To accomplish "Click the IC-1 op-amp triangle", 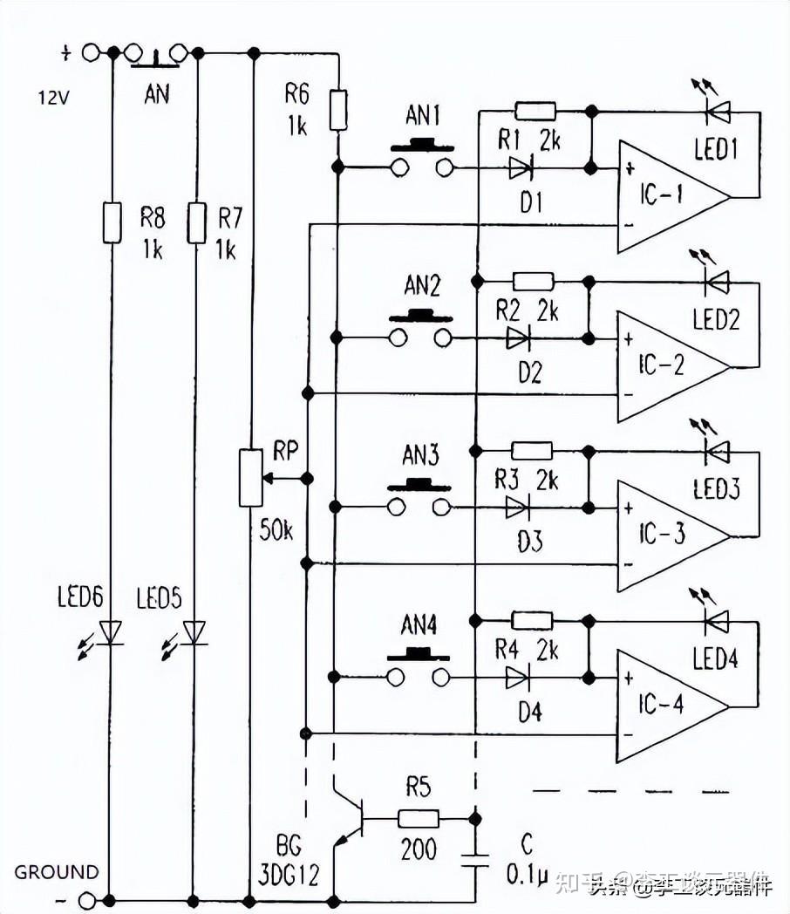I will coord(667,197).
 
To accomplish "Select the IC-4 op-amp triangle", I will coord(667,706).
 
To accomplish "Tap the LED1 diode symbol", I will coord(717,112).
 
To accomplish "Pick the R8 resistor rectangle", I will coord(112,222).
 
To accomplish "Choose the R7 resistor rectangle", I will coord(197,222).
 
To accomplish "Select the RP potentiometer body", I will coord(251,477).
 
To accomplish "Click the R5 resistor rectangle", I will coord(419,818).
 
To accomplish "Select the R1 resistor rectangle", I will coord(535,111).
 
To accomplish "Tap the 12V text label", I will coord(52,98).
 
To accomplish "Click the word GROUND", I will coord(57,871).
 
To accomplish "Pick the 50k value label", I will coord(276,530).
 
